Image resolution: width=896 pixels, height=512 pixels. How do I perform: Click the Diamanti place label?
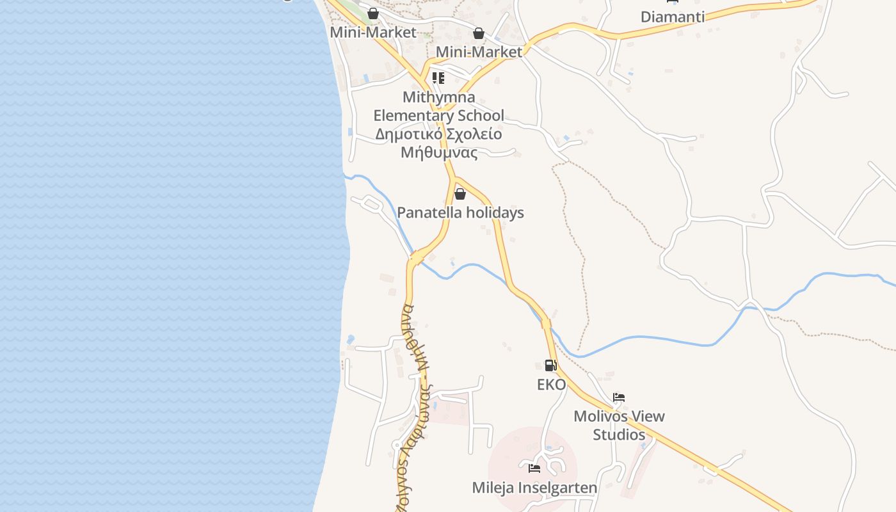click(x=672, y=17)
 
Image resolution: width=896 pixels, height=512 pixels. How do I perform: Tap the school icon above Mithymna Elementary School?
click(x=438, y=78)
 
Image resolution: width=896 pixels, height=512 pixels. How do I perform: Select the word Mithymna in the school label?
click(x=439, y=97)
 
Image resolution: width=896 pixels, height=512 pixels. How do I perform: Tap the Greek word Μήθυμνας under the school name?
click(x=439, y=152)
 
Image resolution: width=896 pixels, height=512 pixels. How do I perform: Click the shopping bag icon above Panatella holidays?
click(x=460, y=193)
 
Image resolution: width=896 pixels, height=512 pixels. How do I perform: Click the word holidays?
click(x=495, y=213)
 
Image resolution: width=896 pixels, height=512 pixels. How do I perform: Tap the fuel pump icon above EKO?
click(x=550, y=365)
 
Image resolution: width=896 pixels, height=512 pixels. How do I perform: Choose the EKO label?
click(x=551, y=385)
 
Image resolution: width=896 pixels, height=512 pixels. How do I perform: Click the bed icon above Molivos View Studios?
click(x=618, y=397)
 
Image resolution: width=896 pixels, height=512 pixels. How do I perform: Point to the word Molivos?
click(x=600, y=417)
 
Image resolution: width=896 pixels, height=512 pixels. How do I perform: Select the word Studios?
click(x=619, y=435)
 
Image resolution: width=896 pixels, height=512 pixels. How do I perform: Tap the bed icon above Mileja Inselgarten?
click(x=534, y=468)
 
